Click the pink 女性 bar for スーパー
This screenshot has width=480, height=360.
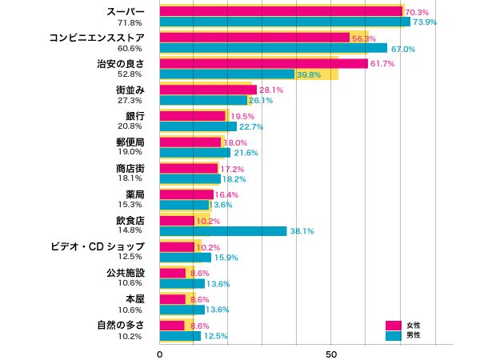(281, 12)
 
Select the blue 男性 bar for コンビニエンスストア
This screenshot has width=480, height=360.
(273, 48)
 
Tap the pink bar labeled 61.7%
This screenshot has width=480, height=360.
(263, 63)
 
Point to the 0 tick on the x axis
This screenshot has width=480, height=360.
(160, 354)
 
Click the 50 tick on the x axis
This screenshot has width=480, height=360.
(331, 354)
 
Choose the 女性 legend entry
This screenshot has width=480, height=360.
(403, 326)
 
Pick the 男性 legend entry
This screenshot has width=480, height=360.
(403, 336)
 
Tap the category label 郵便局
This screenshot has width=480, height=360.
(130, 142)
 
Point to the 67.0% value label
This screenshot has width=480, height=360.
(402, 49)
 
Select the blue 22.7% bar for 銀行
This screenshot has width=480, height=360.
(198, 126)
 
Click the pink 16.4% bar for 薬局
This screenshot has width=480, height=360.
(186, 194)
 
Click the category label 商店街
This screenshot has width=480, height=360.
(130, 168)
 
